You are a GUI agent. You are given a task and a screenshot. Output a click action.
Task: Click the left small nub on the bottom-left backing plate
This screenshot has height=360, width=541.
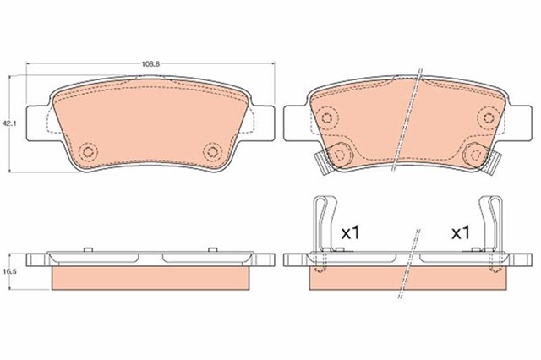[87, 250]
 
